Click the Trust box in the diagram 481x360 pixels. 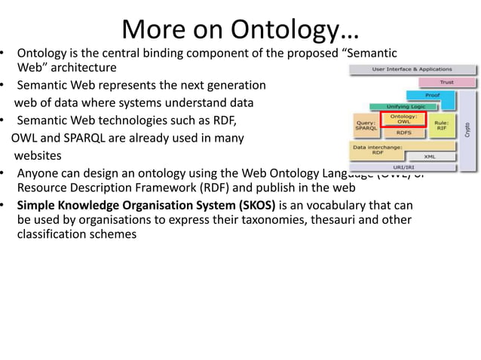pyautogui.click(x=446, y=82)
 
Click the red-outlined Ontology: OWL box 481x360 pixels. pyautogui.click(x=404, y=120)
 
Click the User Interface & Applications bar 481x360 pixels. pyautogui.click(x=412, y=69)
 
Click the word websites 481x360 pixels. pyautogui.click(x=38, y=156)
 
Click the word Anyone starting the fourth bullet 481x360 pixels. pyautogui.click(x=37, y=172)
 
